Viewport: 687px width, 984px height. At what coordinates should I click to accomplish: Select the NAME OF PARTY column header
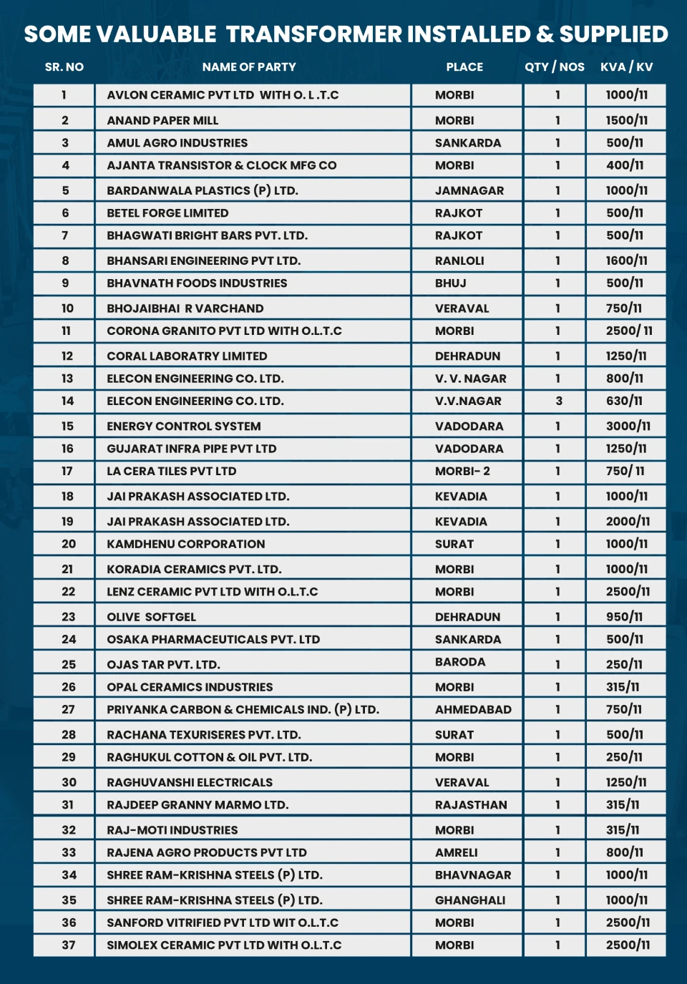point(248,67)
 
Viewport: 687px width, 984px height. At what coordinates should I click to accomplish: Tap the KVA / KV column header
point(626,67)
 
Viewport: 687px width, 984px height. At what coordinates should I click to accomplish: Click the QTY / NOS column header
point(554,67)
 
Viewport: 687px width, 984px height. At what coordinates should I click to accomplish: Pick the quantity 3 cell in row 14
point(558,401)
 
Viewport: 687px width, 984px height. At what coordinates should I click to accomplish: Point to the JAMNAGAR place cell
point(469,191)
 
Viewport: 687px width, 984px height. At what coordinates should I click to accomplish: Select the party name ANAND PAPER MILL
point(162,121)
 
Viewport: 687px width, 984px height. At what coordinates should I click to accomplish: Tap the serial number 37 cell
point(68,945)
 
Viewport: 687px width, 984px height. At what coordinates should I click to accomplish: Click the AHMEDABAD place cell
point(473,710)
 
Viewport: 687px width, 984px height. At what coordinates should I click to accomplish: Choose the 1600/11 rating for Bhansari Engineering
point(626,261)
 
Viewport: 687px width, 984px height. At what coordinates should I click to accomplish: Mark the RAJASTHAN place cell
point(471,805)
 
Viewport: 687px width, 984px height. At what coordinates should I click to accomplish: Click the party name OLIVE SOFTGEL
point(151,617)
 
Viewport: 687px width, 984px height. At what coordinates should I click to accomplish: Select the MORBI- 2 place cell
point(462,472)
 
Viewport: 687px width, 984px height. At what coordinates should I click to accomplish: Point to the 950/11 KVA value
point(624,617)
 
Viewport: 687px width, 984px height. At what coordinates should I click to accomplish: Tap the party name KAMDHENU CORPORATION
point(185,545)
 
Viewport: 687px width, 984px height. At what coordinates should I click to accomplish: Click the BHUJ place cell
point(450,283)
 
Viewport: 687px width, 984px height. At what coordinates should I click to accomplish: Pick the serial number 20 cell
point(68,545)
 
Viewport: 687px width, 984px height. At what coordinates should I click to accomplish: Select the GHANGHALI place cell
point(469,900)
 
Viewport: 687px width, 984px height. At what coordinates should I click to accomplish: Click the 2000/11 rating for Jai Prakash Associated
point(628,522)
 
